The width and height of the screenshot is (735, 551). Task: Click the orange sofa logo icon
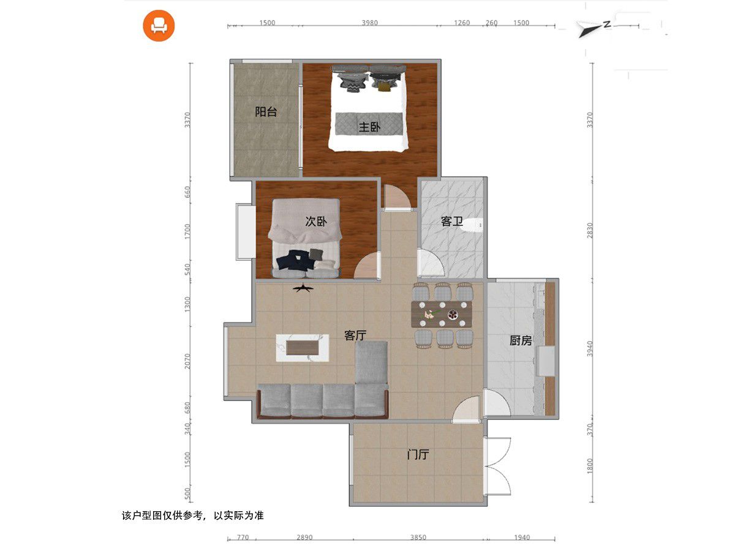click(x=159, y=26)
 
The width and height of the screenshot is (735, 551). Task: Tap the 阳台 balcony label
click(x=266, y=112)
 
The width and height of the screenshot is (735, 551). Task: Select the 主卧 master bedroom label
click(x=370, y=127)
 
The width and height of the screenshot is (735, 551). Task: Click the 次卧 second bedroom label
click(x=316, y=221)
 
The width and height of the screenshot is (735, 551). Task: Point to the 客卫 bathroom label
click(x=451, y=221)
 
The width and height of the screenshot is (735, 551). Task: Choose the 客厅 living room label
click(x=355, y=335)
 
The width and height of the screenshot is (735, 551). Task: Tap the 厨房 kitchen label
click(x=521, y=340)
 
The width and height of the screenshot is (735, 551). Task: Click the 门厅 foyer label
click(x=418, y=455)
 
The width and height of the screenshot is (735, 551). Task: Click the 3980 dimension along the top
click(x=370, y=23)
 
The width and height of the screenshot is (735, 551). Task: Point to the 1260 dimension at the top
click(x=462, y=23)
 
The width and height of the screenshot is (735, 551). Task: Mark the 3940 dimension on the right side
click(x=590, y=348)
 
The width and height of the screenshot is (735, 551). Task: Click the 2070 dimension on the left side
click(x=187, y=361)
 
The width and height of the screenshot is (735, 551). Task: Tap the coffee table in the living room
click(x=303, y=348)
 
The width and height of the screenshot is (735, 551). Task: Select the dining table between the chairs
click(x=442, y=314)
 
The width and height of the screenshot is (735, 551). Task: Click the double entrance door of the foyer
click(x=497, y=466)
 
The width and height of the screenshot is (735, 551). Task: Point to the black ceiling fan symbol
click(x=303, y=288)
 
